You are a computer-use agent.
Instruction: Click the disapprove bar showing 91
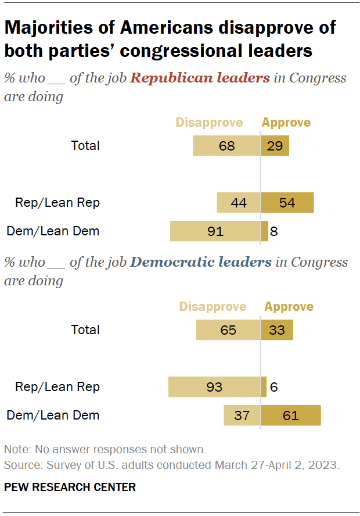click(215, 231)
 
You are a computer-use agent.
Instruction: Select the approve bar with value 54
click(287, 203)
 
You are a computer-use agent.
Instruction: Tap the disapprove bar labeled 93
click(214, 386)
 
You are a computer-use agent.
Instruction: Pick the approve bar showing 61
click(290, 415)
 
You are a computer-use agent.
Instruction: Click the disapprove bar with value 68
click(226, 145)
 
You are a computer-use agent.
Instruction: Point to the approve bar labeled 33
click(276, 329)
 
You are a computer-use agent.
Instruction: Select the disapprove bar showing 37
click(242, 415)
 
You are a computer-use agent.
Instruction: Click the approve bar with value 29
click(275, 145)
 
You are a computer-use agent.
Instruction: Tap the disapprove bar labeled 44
click(238, 203)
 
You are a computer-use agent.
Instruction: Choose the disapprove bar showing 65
click(228, 329)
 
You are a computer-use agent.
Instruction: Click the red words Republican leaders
click(200, 78)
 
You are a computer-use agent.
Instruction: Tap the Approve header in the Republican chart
click(286, 123)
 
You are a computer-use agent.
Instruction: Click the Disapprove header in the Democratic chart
click(213, 307)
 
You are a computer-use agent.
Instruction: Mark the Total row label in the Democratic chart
click(85, 329)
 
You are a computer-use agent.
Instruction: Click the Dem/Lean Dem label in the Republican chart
click(53, 231)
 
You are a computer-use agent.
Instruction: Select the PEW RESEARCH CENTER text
click(70, 487)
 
